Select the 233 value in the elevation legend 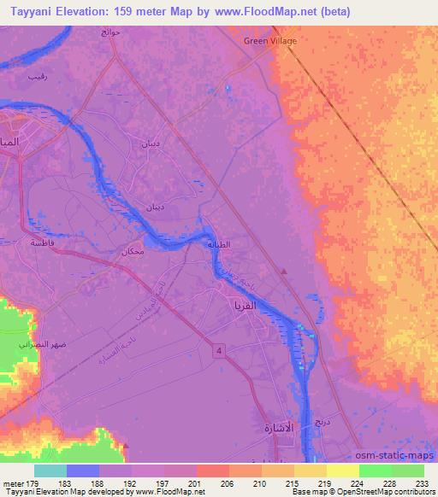tap(421, 483)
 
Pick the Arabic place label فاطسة tap(43, 243)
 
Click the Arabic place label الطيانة tap(244, 244)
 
